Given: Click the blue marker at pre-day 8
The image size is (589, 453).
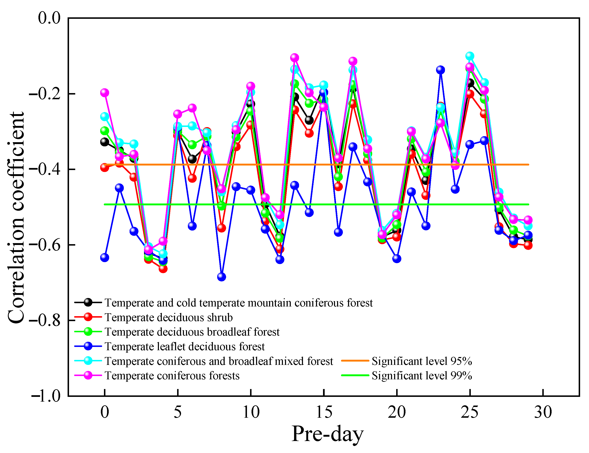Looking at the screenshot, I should pos(221,277).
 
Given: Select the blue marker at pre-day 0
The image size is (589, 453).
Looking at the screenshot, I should pos(105,258).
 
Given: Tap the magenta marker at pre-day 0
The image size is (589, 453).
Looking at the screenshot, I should pos(105,93).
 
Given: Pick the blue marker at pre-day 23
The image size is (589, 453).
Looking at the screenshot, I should pos(440,70).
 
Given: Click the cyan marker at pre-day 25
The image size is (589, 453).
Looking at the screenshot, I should pos(470,56).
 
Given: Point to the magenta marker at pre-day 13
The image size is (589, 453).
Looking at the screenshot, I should pos(294,58).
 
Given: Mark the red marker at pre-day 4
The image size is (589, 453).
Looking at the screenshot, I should pos(163,268).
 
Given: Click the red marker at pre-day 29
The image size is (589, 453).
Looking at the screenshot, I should pos(528,245).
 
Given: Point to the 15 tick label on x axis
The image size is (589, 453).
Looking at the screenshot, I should pos(324,412).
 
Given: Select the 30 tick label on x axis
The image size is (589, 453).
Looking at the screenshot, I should pos(543,412).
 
